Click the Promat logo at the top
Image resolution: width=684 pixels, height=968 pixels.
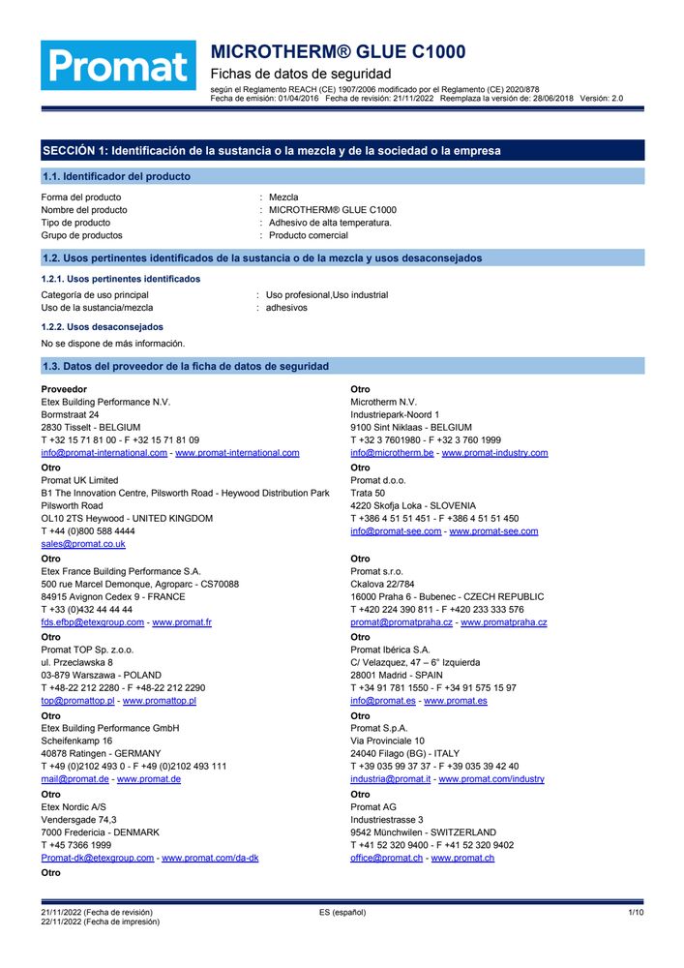pyautogui.click(x=118, y=67)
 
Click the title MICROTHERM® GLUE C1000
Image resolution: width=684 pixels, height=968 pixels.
pyautogui.click(x=338, y=52)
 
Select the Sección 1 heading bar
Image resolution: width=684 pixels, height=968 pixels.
pyautogui.click(x=342, y=150)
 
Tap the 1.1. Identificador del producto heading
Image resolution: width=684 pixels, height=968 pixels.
pyautogui.click(x=116, y=176)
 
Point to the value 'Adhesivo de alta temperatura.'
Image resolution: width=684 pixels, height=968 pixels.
pyautogui.click(x=330, y=223)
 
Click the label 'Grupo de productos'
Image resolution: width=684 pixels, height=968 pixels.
pyautogui.click(x=81, y=235)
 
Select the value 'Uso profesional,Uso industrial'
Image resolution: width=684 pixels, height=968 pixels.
pyautogui.click(x=327, y=295)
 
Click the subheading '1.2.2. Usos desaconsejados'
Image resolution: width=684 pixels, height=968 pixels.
pyautogui.click(x=102, y=327)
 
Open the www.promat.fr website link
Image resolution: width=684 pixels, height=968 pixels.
pyautogui.click(x=182, y=622)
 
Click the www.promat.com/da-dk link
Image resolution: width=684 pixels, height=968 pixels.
pyautogui.click(x=210, y=858)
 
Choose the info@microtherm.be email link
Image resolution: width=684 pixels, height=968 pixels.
pyautogui.click(x=392, y=453)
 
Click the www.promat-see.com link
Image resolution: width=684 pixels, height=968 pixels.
pyautogui.click(x=493, y=531)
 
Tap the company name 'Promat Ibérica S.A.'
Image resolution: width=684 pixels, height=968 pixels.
pyautogui.click(x=391, y=650)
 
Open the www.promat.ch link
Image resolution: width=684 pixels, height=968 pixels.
pyautogui.click(x=462, y=858)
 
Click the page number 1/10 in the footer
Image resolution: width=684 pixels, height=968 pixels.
pyautogui.click(x=636, y=913)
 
